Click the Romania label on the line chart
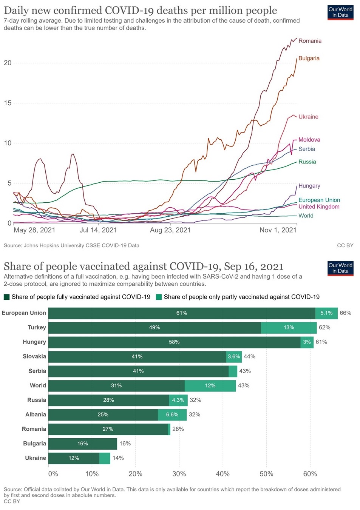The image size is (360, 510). tap(310, 41)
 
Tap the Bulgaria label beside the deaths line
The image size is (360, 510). tap(309, 58)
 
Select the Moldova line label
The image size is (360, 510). tap(309, 140)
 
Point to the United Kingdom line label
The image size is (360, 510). tap(319, 206)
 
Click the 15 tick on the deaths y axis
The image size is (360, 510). tap(8, 103)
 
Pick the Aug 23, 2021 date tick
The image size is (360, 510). tap(170, 230)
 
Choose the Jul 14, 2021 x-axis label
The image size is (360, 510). tap(98, 230)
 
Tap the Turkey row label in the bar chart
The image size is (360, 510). tap(37, 327)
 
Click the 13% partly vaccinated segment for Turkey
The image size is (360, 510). tap(289, 328)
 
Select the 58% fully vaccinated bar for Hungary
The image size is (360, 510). tap(174, 342)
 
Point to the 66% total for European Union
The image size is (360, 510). tap(345, 313)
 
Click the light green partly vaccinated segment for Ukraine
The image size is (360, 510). tap(105, 458)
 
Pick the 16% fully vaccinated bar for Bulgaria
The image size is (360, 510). tap(82, 444)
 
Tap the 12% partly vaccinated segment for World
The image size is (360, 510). tap(210, 385)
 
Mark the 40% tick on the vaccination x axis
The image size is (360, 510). tap(222, 474)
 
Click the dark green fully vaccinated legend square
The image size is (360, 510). tap(6, 297)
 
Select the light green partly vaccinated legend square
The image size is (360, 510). tap(159, 297)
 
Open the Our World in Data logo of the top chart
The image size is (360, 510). tap(340, 12)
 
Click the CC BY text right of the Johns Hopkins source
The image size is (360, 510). tap(345, 245)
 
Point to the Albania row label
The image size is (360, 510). tap(36, 414)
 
